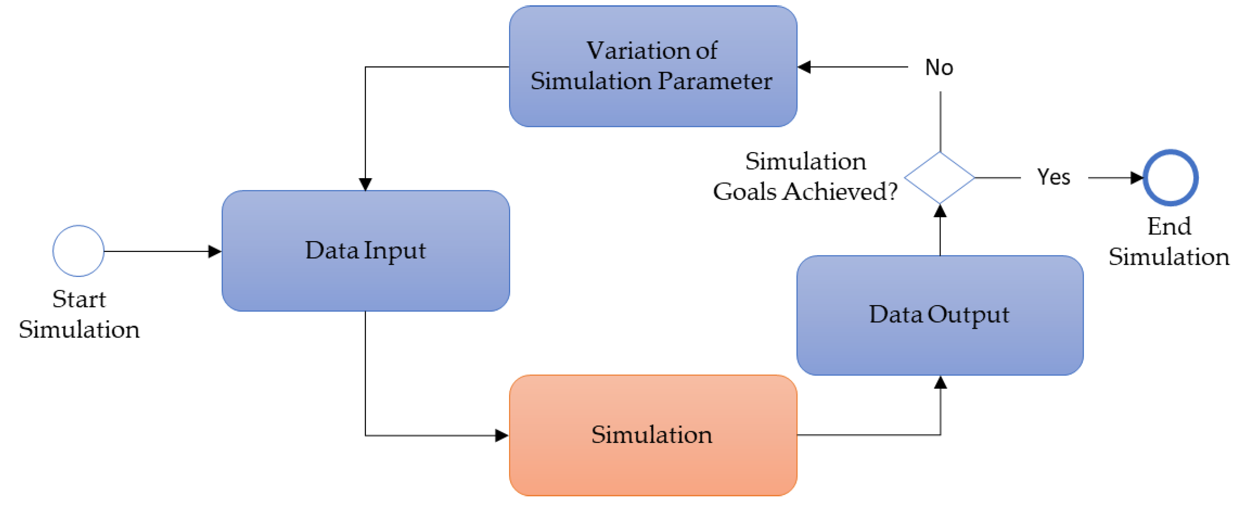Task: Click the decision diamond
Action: pyautogui.click(x=939, y=178)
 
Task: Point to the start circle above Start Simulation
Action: pyautogui.click(x=78, y=251)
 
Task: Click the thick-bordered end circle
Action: pyautogui.click(x=1170, y=178)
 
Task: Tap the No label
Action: pyautogui.click(x=939, y=67)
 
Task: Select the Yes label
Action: pyautogui.click(x=1053, y=177)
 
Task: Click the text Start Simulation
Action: pyautogui.click(x=79, y=314)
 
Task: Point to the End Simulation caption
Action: pyautogui.click(x=1169, y=241)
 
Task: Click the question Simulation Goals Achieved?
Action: pyautogui.click(x=805, y=176)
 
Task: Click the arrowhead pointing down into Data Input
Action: pyautogui.click(x=366, y=184)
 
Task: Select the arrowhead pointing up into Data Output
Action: pyautogui.click(x=940, y=383)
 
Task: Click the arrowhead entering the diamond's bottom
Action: pyautogui.click(x=940, y=211)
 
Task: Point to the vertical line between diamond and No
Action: pyautogui.click(x=940, y=121)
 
